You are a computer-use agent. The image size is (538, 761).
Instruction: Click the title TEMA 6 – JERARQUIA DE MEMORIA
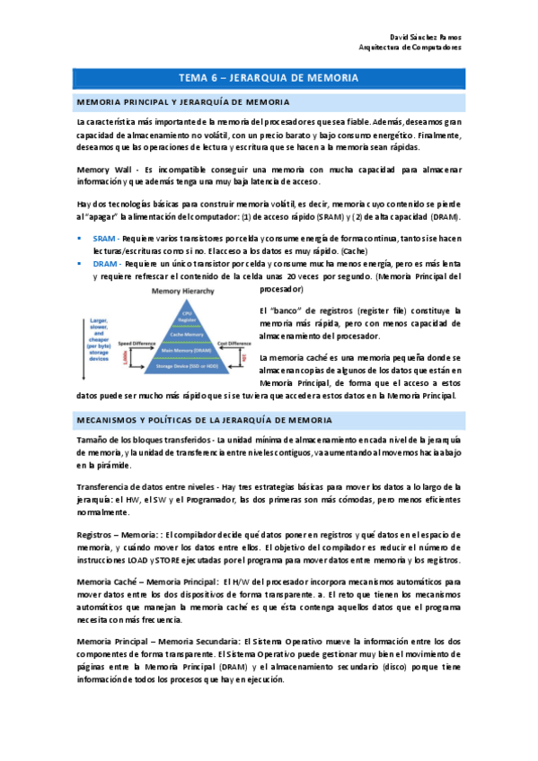[x=269, y=78]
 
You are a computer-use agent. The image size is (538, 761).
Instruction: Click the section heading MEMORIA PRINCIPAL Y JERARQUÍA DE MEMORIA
[x=183, y=102]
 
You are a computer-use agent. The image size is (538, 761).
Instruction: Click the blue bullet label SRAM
[x=104, y=239]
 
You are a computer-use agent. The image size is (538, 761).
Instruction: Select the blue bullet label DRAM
[x=105, y=266]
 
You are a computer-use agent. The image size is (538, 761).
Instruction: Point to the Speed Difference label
[x=113, y=344]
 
